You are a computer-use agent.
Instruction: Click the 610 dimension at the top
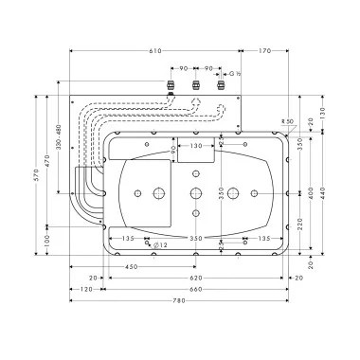pos(154,49)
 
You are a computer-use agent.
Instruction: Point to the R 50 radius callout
pos(287,121)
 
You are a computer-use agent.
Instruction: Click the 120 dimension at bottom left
pos(86,288)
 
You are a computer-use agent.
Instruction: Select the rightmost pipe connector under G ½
pos(222,84)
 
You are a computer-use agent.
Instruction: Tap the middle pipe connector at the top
pos(196,84)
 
